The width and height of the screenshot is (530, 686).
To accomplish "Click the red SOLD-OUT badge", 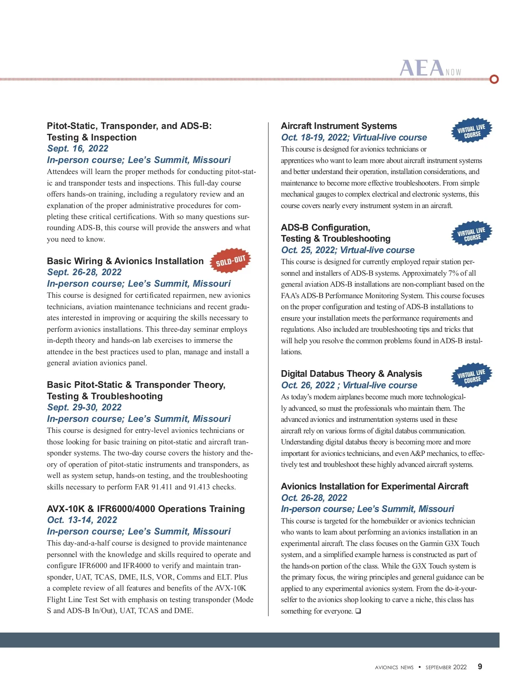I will [230, 261].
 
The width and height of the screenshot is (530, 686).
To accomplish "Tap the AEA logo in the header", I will [422, 68].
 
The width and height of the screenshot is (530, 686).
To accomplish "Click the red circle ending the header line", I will [494, 79].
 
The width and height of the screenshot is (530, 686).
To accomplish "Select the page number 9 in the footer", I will [480, 667].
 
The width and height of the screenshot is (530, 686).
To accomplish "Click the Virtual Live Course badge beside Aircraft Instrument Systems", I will [471, 130].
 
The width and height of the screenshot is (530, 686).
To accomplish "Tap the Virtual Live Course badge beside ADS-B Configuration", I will [471, 234].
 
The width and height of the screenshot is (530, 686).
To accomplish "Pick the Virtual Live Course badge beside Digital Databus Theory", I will [471, 376].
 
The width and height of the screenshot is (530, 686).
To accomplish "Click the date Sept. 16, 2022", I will [78, 148].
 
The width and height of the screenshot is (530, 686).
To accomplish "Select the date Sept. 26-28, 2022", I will [84, 272].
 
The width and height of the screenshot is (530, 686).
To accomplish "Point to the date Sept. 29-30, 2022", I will [84, 407].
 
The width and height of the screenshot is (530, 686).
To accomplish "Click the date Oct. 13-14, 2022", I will [82, 520].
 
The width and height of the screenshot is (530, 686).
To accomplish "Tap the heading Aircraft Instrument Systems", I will [339, 126].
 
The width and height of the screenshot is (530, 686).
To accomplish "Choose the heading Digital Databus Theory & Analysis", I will [352, 374].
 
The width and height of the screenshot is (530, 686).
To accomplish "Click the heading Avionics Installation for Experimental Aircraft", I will [375, 486].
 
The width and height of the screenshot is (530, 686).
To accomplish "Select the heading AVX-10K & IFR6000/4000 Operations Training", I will [146, 509].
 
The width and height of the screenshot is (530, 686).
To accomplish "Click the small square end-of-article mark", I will [358, 611].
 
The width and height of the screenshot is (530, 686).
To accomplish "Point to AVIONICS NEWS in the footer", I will [394, 667].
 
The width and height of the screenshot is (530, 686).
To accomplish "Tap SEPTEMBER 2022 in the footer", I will [446, 667].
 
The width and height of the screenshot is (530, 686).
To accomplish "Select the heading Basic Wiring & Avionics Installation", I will [125, 261].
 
